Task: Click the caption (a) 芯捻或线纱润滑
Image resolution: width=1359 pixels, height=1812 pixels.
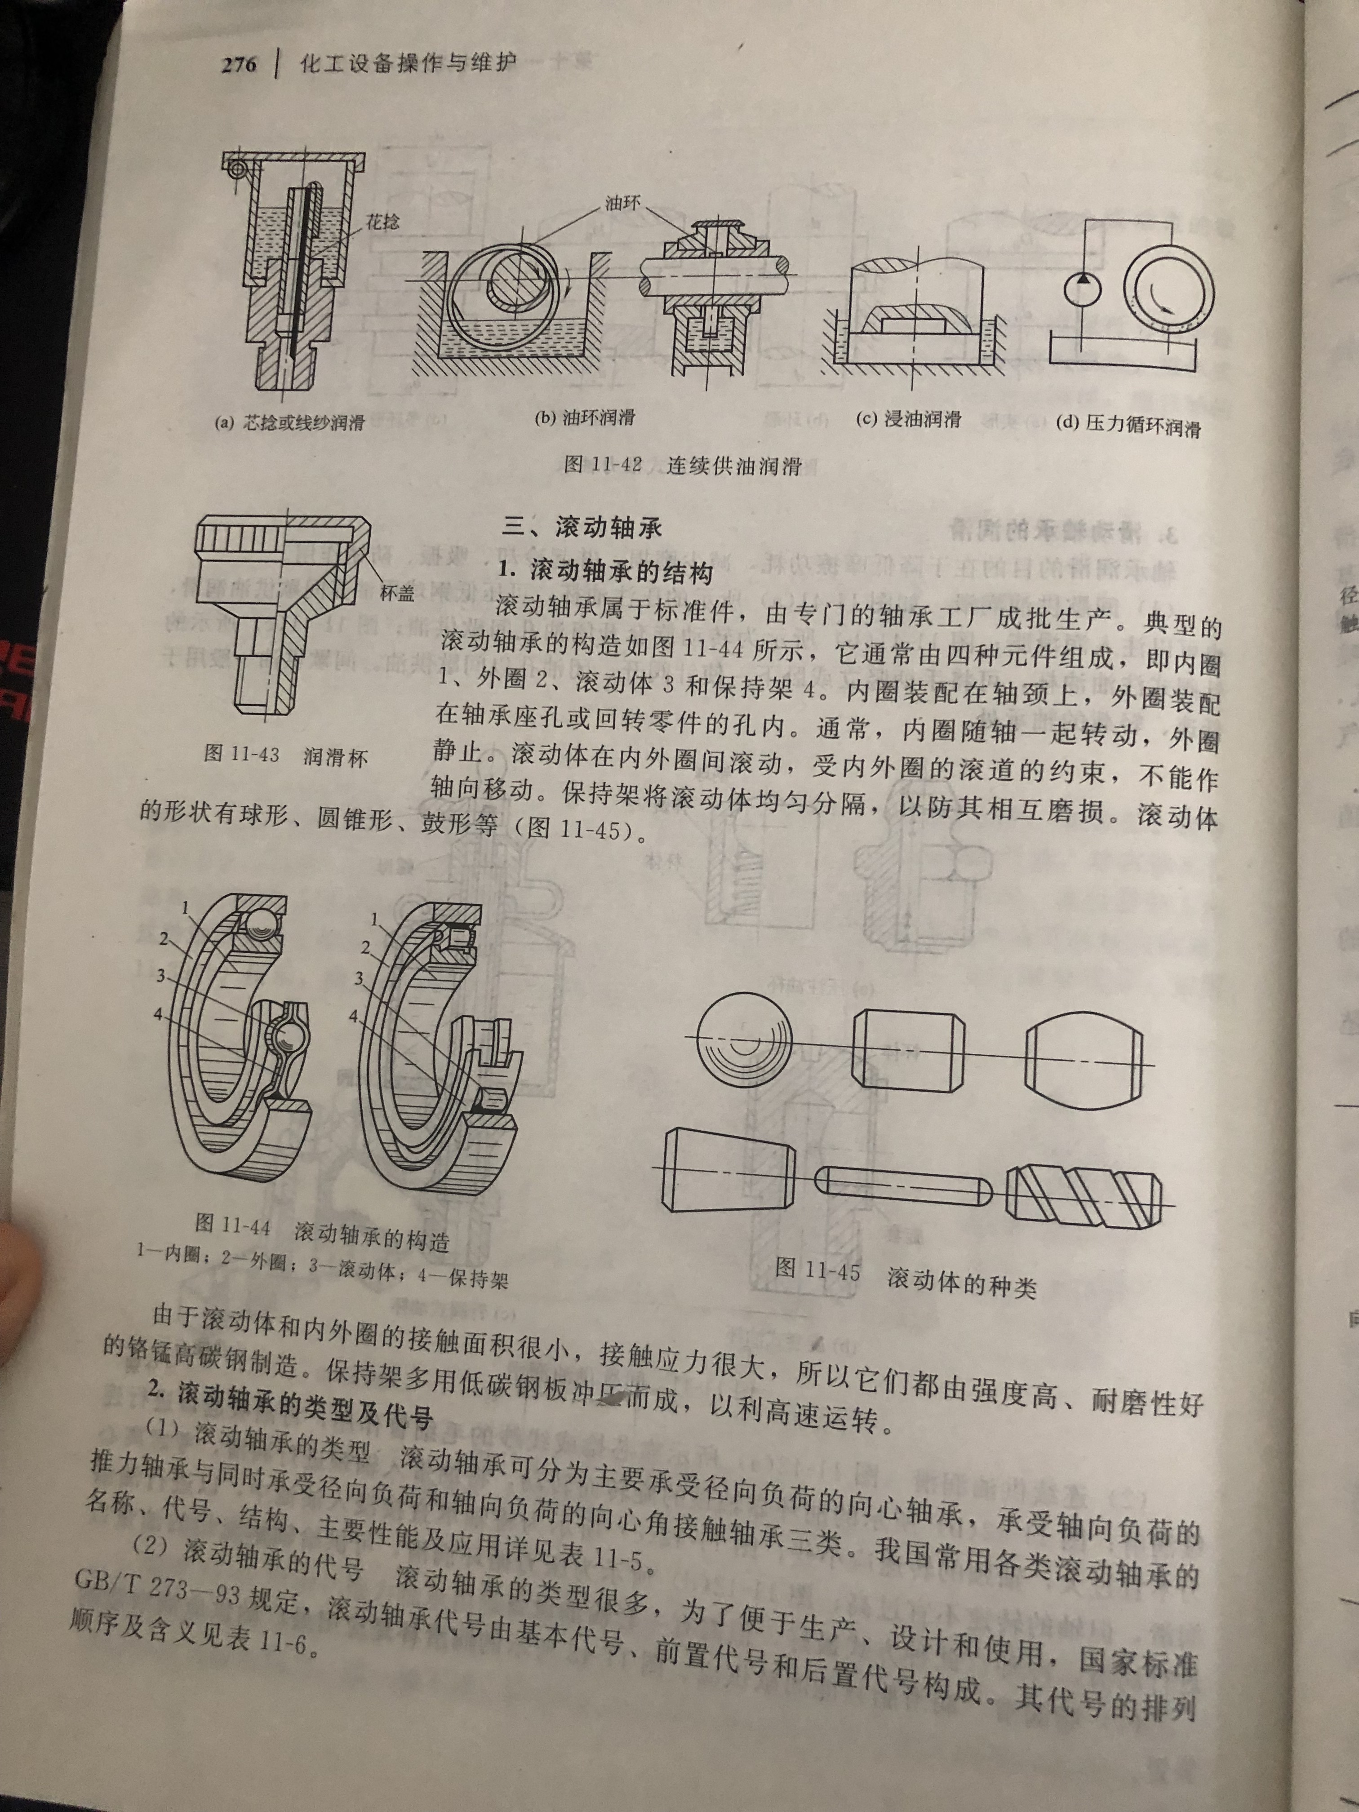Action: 289,423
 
